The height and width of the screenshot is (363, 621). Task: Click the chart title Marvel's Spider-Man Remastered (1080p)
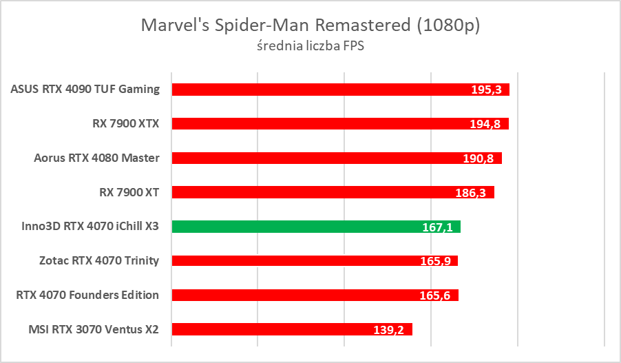point(310,25)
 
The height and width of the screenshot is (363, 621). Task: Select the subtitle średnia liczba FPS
point(310,46)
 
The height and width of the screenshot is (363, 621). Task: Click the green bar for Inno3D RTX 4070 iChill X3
point(296,227)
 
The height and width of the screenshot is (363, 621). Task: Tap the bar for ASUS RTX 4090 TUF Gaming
point(310,89)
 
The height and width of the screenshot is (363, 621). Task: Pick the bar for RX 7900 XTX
point(310,123)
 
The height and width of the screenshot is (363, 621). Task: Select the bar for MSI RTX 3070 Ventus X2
point(275,329)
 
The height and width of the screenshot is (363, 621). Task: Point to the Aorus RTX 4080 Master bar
point(310,158)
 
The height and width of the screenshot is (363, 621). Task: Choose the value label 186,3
point(471,193)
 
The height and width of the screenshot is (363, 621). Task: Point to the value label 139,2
point(389,330)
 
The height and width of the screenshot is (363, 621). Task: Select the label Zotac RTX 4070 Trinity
point(100,260)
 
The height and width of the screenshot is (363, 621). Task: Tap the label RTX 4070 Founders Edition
point(87,295)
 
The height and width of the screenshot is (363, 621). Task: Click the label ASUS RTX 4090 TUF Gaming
point(85,89)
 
